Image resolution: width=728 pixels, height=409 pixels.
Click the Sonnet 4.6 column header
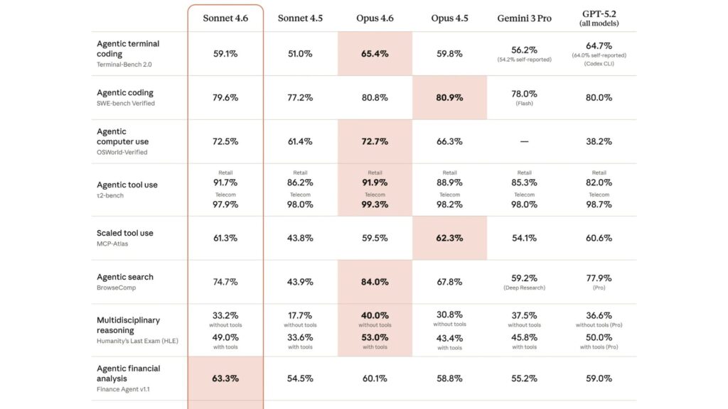point(225,18)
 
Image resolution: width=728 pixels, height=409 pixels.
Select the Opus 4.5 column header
point(449,18)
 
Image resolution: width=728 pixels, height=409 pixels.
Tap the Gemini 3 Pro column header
point(524,18)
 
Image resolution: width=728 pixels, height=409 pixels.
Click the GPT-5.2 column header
point(599,17)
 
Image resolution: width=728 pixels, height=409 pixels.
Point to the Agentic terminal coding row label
point(128,48)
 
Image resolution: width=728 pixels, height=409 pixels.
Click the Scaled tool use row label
point(125,233)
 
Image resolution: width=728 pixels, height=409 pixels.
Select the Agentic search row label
point(125,277)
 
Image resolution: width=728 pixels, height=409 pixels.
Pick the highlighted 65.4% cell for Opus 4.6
point(375,53)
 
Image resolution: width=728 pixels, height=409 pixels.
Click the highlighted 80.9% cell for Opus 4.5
point(449,97)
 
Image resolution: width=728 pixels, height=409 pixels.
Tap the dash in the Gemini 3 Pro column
point(524,141)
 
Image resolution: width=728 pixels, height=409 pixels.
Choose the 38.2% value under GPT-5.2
point(599,141)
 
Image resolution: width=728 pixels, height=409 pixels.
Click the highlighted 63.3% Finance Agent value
point(225,378)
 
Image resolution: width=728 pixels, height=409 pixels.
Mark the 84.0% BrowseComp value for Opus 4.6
point(375,282)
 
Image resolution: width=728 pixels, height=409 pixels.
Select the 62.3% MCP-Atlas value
point(449,238)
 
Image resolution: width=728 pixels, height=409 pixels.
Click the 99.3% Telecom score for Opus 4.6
point(375,204)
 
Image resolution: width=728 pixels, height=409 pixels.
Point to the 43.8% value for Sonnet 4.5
point(300,238)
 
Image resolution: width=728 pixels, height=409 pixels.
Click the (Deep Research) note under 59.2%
point(524,288)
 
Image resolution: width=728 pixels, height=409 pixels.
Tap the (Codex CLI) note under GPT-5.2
point(599,64)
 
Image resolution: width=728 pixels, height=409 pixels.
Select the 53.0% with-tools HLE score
point(375,337)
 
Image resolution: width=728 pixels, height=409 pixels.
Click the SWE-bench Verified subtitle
point(126,104)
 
